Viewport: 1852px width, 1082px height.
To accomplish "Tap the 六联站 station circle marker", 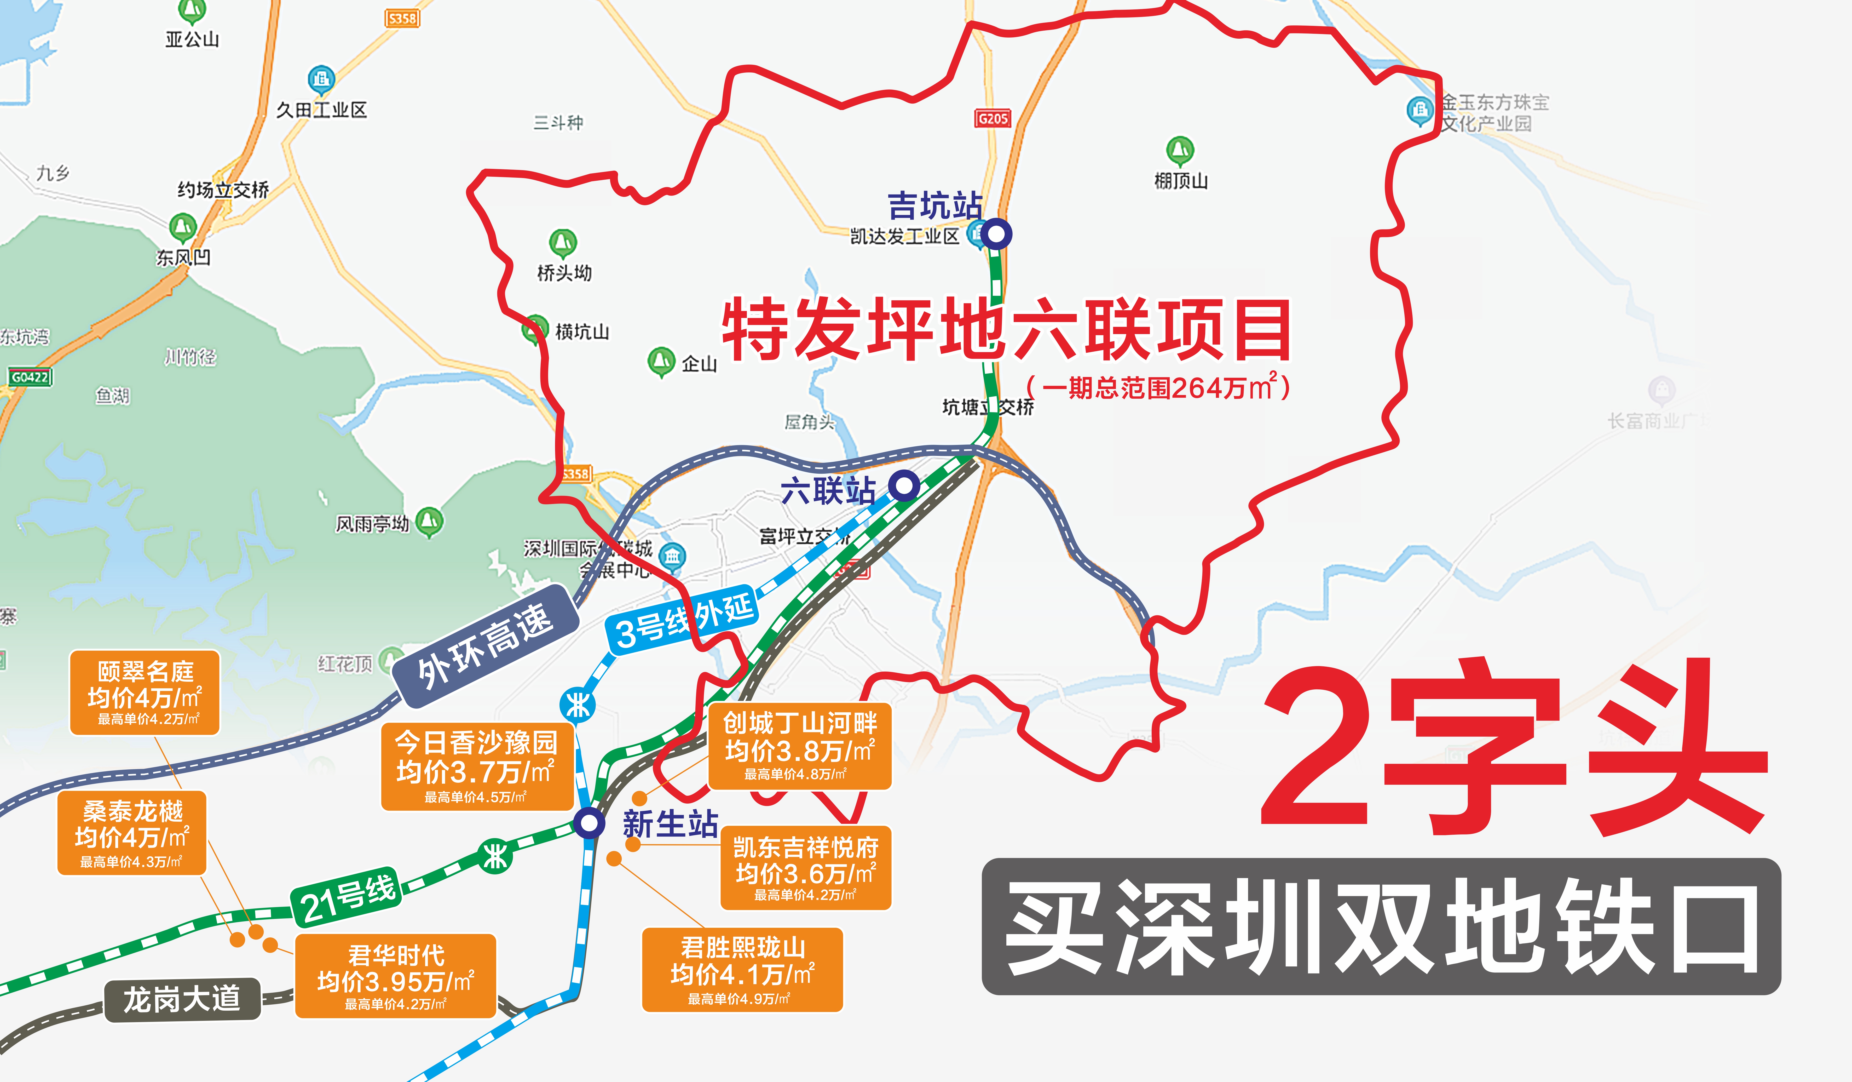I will tap(904, 486).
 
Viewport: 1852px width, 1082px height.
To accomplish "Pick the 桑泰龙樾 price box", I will tap(131, 833).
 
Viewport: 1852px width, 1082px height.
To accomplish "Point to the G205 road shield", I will tap(993, 118).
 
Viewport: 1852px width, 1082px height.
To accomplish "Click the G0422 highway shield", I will tap(29, 377).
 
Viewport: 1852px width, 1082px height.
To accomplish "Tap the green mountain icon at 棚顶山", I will tap(1180, 151).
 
